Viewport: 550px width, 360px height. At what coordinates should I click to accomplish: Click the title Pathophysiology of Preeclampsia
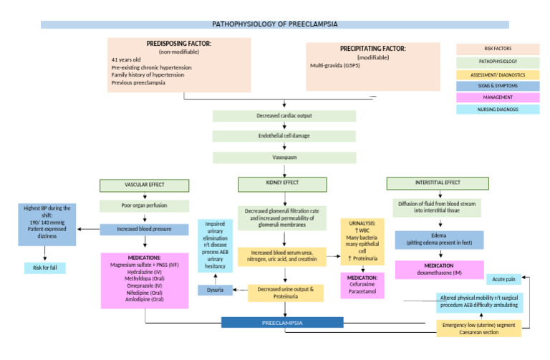click(274, 24)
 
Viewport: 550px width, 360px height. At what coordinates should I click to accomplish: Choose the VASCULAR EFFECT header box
click(145, 185)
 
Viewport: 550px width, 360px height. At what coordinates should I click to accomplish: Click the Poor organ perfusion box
click(145, 206)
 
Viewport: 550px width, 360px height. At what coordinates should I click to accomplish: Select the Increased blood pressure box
click(145, 230)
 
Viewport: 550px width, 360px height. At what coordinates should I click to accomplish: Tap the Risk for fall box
click(44, 268)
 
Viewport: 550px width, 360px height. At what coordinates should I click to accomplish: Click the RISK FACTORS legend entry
click(498, 49)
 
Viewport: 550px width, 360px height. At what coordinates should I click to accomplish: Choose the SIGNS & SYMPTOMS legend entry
click(498, 86)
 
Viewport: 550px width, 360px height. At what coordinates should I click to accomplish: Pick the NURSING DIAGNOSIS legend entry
click(498, 110)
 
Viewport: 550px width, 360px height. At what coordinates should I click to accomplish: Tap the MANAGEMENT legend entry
click(498, 97)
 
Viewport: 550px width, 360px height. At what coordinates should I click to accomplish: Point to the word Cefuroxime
click(361, 283)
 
